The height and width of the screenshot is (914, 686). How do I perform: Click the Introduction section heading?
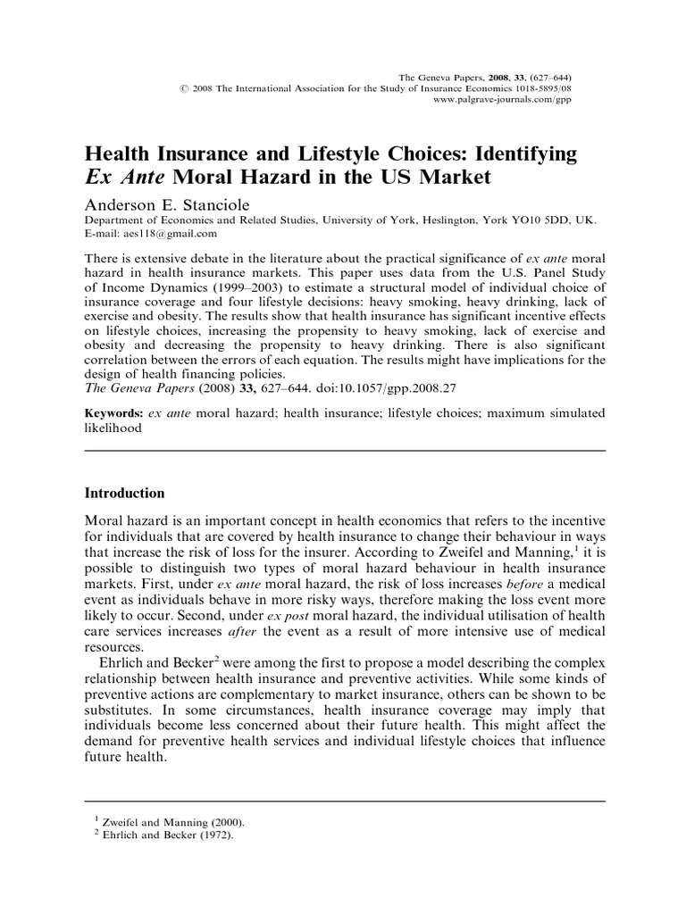click(x=124, y=493)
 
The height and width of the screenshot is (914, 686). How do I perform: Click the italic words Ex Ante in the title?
click(x=126, y=178)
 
